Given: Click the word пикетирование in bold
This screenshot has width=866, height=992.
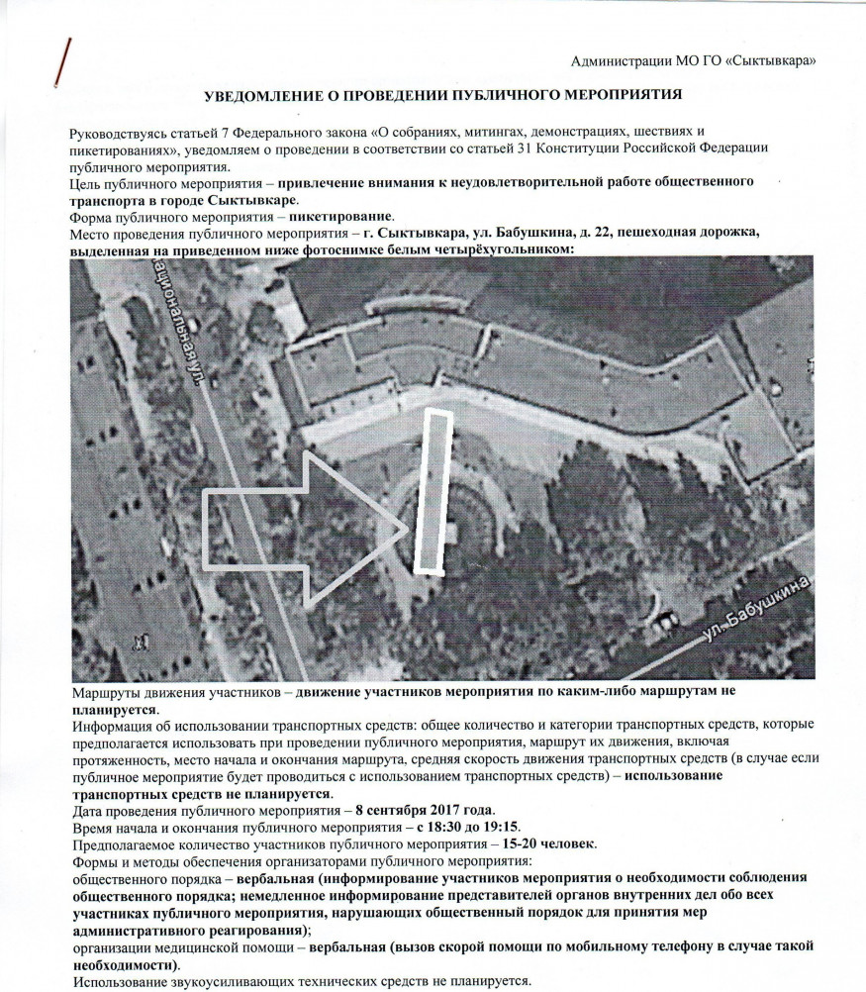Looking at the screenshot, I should [337, 217].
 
